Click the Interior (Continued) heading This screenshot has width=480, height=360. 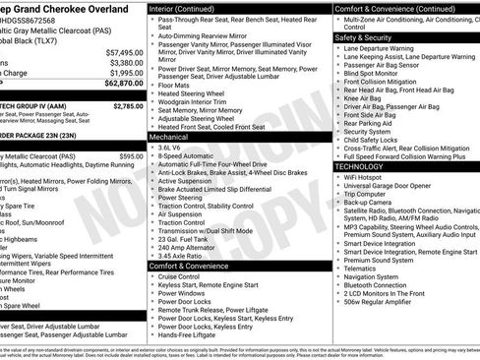(189, 7)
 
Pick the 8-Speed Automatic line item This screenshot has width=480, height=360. (186, 156)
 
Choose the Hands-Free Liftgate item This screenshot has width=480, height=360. (188, 333)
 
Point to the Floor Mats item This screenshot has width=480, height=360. (177, 86)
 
